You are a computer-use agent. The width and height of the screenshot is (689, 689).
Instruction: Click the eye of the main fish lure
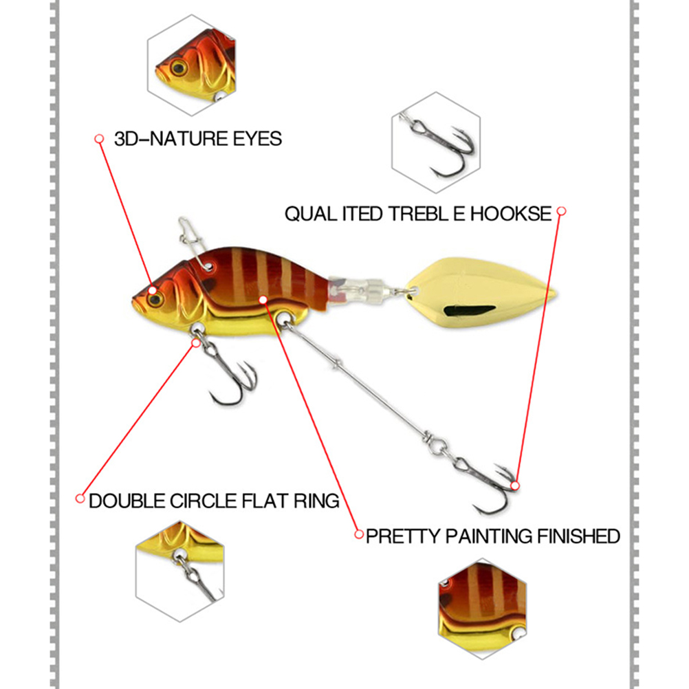[155, 300]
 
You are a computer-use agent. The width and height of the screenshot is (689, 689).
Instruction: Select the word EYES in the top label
[257, 139]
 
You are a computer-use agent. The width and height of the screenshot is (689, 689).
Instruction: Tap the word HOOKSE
[511, 214]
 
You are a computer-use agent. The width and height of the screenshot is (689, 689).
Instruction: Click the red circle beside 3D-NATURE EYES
[99, 139]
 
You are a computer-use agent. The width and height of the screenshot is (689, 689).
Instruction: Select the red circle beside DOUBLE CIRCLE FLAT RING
[80, 499]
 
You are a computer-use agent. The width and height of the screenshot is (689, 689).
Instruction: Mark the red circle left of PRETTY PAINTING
[359, 534]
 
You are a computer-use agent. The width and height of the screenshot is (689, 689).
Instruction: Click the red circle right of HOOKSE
[561, 211]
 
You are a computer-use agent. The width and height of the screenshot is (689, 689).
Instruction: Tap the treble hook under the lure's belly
[228, 373]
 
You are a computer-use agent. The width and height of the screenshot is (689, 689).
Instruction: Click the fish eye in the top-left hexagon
[179, 67]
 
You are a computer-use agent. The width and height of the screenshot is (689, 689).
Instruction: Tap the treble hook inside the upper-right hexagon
[439, 145]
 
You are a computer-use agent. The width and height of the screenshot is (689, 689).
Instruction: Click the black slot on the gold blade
[469, 311]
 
